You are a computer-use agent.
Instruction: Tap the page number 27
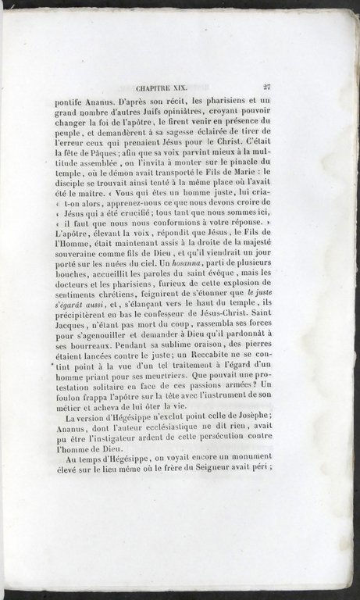coord(267,89)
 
